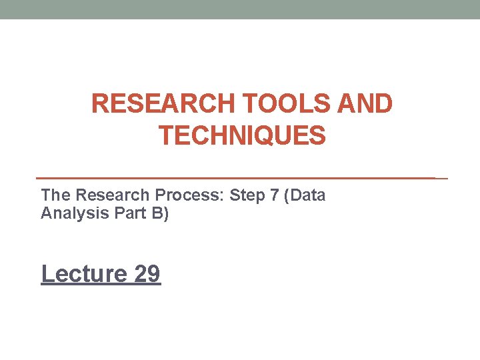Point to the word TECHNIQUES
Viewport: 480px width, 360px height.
(242, 136)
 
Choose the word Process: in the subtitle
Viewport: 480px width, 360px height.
(189, 196)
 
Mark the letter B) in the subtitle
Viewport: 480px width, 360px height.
(160, 214)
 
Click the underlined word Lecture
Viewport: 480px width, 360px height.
(84, 273)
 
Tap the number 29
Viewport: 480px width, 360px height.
(147, 273)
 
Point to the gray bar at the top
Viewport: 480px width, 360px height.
(240, 9)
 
